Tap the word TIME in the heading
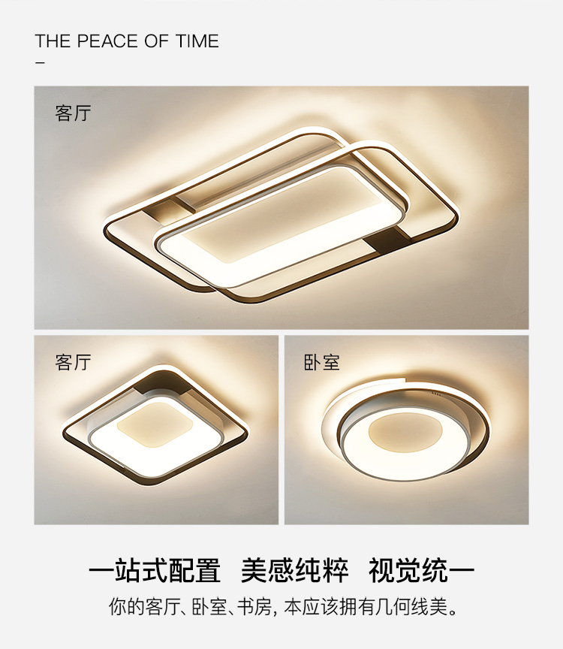197,41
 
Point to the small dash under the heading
40,63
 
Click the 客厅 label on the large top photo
73,113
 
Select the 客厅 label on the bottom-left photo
73,362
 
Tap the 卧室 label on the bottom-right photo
321,363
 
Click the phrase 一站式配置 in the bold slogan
155,570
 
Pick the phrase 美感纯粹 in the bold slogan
294,570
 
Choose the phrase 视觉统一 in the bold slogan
421,570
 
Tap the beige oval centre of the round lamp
405,432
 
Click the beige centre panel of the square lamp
155,424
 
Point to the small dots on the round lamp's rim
436,394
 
